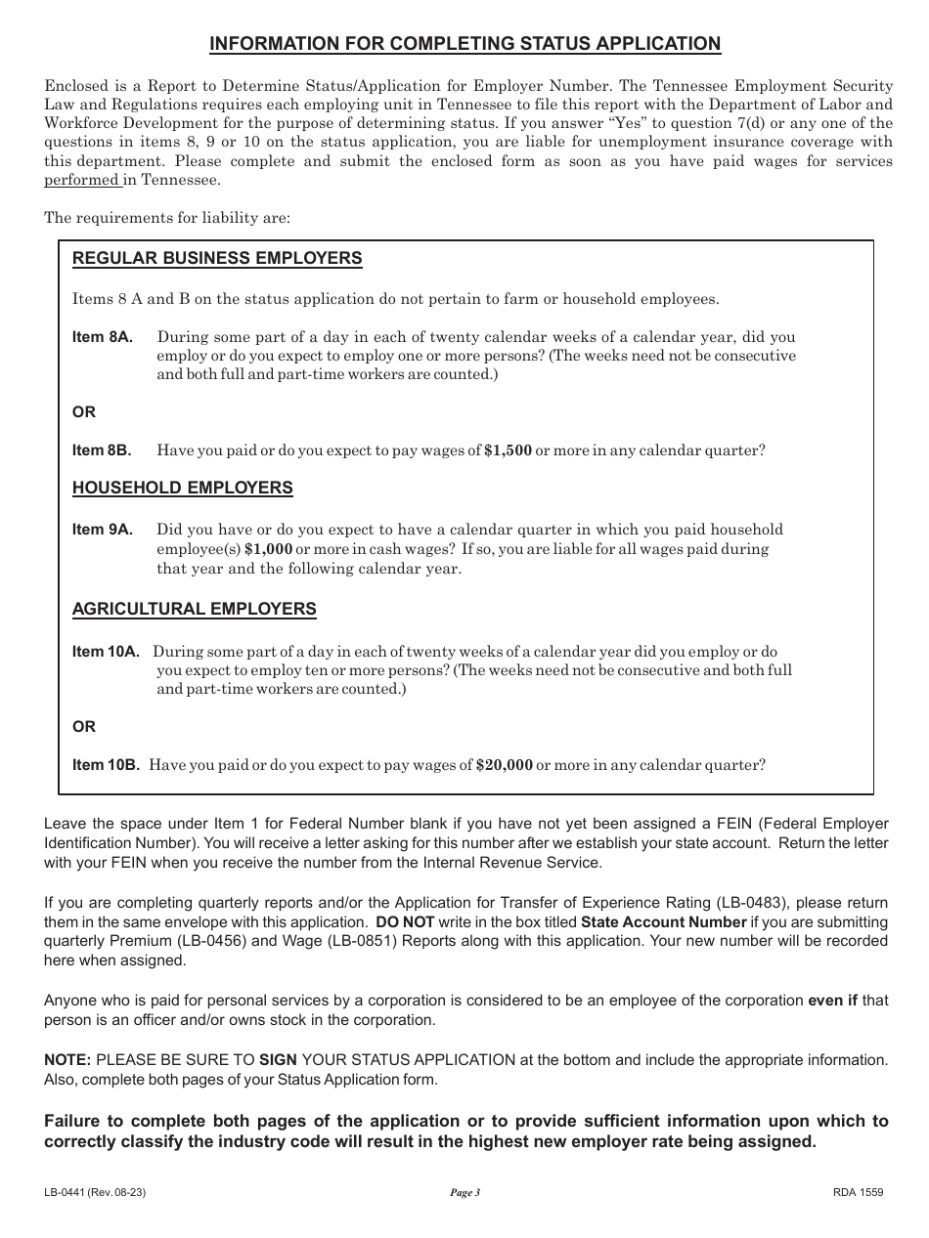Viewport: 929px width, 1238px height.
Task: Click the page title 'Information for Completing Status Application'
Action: click(465, 43)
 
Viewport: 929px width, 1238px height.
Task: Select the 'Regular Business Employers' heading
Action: click(217, 258)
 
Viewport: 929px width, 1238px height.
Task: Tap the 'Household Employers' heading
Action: click(183, 488)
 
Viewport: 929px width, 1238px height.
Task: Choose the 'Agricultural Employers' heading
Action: click(195, 609)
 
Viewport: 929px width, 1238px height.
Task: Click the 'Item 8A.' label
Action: click(103, 337)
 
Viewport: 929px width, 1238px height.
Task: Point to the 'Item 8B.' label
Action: click(102, 450)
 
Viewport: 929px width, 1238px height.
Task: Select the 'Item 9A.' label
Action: click(103, 530)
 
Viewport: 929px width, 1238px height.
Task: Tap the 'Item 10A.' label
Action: click(107, 651)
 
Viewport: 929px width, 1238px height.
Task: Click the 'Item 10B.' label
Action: click(106, 765)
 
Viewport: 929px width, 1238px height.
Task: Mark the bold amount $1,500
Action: click(508, 450)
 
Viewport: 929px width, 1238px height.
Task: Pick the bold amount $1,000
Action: click(268, 549)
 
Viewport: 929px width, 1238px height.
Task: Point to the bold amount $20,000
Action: click(504, 765)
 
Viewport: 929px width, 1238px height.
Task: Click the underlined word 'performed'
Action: click(81, 181)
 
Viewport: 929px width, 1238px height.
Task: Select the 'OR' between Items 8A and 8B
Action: click(84, 412)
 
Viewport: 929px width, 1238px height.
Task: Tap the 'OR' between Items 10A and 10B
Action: click(84, 727)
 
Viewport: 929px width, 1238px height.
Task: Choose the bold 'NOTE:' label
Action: click(67, 1059)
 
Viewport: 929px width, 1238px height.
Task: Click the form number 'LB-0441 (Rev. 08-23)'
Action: click(96, 1192)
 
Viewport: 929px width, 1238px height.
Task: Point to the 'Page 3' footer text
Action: click(464, 1192)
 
